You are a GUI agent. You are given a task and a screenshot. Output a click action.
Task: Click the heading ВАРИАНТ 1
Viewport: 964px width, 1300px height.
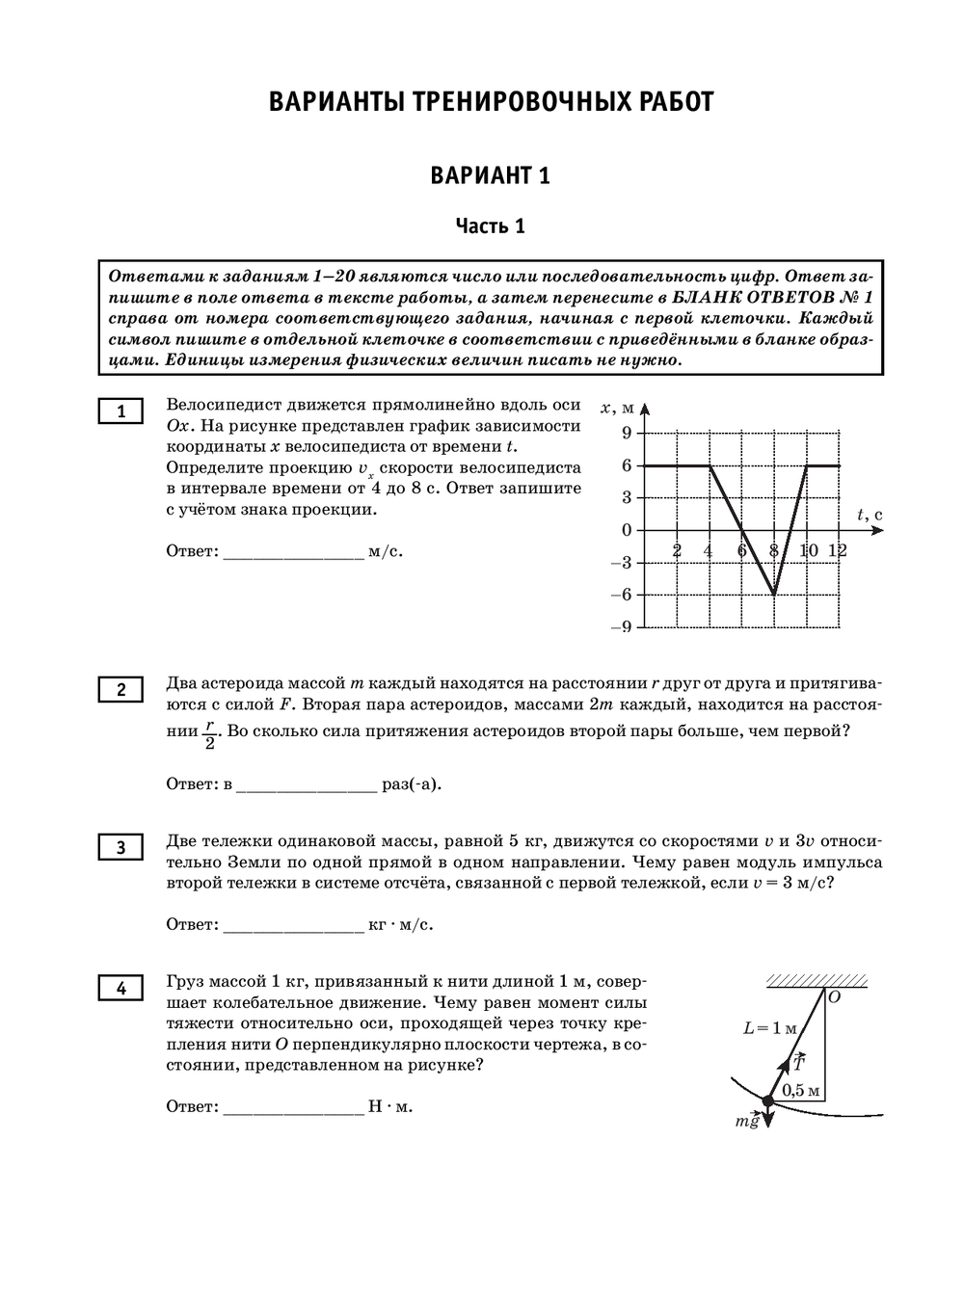pyautogui.click(x=490, y=175)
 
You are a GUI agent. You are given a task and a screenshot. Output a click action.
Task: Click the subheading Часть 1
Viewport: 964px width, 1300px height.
pyautogui.click(x=490, y=226)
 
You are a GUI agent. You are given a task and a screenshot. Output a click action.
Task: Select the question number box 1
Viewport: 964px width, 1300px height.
pyautogui.click(x=120, y=411)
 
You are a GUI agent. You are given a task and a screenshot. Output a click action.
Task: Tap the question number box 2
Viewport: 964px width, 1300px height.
pyautogui.click(x=120, y=689)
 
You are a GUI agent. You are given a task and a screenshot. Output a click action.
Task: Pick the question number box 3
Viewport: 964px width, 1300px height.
pyautogui.click(x=120, y=847)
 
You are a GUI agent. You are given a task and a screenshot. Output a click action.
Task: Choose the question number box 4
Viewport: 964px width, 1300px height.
pyautogui.click(x=120, y=988)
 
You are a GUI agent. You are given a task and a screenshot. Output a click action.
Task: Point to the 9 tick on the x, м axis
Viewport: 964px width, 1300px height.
pyautogui.click(x=626, y=433)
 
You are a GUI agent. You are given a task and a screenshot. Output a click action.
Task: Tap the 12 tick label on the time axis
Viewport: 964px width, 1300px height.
pyautogui.click(x=838, y=549)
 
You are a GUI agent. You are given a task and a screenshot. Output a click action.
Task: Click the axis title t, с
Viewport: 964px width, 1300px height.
pyautogui.click(x=869, y=516)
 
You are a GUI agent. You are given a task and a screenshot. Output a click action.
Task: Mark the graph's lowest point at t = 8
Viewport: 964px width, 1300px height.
pyautogui.click(x=774, y=595)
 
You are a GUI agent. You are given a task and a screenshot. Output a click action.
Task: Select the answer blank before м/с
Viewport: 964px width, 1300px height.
pyautogui.click(x=293, y=554)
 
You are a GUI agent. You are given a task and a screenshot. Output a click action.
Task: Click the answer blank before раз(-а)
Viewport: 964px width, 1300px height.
pyautogui.click(x=306, y=785)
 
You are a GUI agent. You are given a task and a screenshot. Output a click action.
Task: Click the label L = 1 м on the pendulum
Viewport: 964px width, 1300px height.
pyautogui.click(x=770, y=1028)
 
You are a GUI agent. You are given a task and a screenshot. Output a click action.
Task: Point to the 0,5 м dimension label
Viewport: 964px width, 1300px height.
pyautogui.click(x=801, y=1091)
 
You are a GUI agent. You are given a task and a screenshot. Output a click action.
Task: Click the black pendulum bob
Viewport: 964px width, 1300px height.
pyautogui.click(x=767, y=1101)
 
